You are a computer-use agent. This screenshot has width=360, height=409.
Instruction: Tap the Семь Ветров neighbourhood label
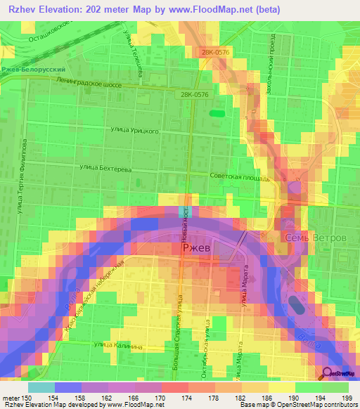[316, 238]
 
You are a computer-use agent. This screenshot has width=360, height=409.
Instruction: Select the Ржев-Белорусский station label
[33, 70]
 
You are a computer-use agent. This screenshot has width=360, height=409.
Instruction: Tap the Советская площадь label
[240, 178]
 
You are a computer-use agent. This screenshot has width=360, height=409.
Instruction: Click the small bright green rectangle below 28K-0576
[217, 112]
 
